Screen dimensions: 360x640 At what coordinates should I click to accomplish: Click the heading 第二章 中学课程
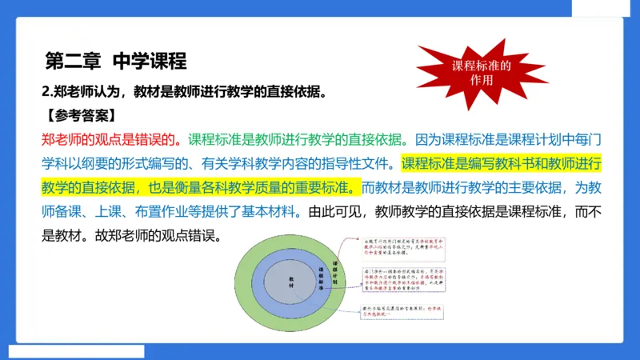[x=115, y=61]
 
